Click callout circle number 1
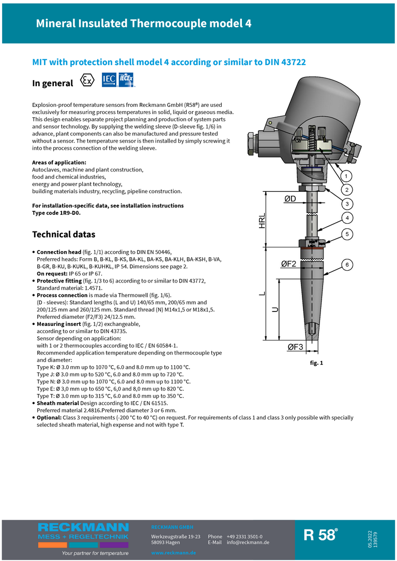point(346,175)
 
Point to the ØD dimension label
point(294,199)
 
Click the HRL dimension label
point(263,221)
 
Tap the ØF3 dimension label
point(295,347)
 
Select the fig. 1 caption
point(316,363)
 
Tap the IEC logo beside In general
point(109,79)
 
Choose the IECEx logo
point(126,79)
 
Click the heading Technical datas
point(64,234)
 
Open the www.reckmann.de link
point(173,553)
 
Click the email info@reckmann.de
point(248,542)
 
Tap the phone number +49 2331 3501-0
point(244,537)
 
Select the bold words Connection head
point(58,252)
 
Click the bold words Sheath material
point(57,403)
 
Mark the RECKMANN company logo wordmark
point(83,527)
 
